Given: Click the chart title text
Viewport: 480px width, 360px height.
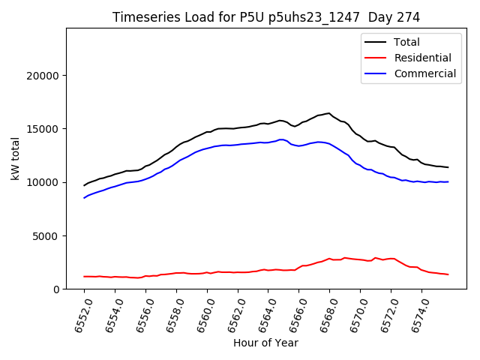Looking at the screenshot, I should pos(265,17).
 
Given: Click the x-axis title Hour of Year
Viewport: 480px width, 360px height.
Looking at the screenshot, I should pos(265,343).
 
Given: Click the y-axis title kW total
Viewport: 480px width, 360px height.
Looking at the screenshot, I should pos(15,158).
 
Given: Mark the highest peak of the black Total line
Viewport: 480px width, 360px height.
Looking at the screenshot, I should pos(329,113).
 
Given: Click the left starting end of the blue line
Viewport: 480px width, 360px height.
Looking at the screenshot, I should pos(84,198).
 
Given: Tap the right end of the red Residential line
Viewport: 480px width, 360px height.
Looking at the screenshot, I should pos(448,274).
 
